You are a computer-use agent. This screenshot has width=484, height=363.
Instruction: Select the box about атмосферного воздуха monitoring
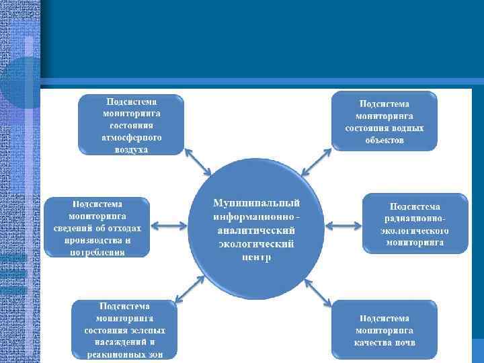point(132,124)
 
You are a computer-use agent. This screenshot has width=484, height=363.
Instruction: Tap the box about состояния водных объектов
point(384,122)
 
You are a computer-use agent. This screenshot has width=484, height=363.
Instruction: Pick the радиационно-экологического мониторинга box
point(415,224)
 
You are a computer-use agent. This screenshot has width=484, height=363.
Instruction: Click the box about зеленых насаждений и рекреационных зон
point(124,330)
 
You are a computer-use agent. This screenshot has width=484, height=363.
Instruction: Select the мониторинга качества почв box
point(385,329)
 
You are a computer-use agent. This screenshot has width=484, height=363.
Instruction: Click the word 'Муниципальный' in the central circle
point(256,202)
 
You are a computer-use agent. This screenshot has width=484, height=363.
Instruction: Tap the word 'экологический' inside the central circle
point(256,243)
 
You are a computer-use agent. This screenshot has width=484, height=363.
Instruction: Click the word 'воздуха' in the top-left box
point(131,150)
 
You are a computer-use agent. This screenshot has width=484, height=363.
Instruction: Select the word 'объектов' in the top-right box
point(385,140)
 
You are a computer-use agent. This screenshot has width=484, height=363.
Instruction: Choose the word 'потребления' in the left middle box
point(97,253)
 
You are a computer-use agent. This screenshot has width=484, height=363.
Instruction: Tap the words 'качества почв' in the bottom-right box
point(385,342)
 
